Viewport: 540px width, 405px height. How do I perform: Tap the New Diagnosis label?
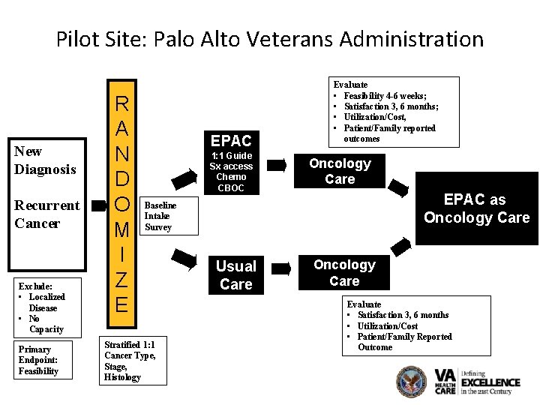45,160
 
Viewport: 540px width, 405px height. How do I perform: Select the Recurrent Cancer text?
47,214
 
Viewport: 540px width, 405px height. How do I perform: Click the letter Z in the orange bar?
121,280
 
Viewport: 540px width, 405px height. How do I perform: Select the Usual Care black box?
235,275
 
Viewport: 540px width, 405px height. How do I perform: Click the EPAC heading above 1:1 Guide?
231,140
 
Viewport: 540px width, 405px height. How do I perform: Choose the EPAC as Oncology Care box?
476,208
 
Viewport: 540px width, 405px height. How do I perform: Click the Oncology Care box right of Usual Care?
344,272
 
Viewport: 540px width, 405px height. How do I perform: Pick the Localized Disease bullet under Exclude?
46,302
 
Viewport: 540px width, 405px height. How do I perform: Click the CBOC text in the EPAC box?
231,187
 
